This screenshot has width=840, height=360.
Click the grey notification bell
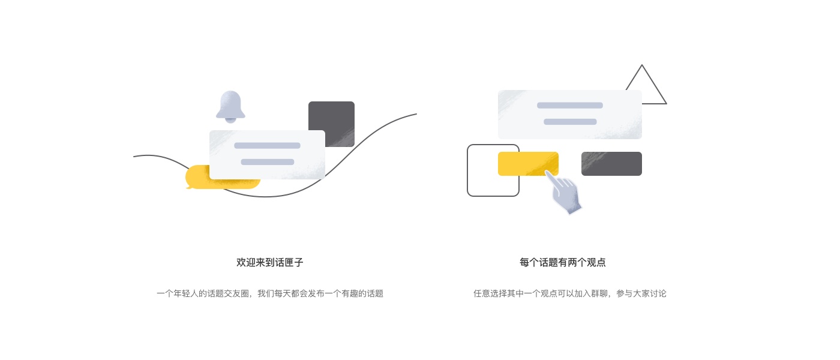click(x=230, y=106)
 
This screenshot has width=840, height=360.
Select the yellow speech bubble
click(x=197, y=178)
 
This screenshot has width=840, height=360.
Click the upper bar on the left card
click(x=267, y=145)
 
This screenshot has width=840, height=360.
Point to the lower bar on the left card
click(x=267, y=161)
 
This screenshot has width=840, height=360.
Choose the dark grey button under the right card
click(x=611, y=164)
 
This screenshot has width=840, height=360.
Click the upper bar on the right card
click(x=569, y=105)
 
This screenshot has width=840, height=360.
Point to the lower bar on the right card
click(x=569, y=122)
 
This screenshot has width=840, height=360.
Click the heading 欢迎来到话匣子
click(x=270, y=262)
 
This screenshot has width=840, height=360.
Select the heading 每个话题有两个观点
click(x=562, y=262)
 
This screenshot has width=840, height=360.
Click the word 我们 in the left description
click(x=266, y=293)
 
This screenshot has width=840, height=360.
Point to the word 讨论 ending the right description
click(x=659, y=293)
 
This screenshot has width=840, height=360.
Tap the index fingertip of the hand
click(x=547, y=173)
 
